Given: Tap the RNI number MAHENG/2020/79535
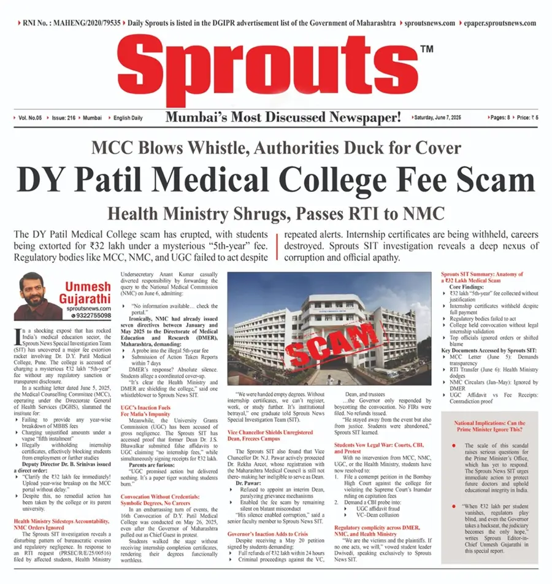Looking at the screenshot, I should [70, 23].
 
